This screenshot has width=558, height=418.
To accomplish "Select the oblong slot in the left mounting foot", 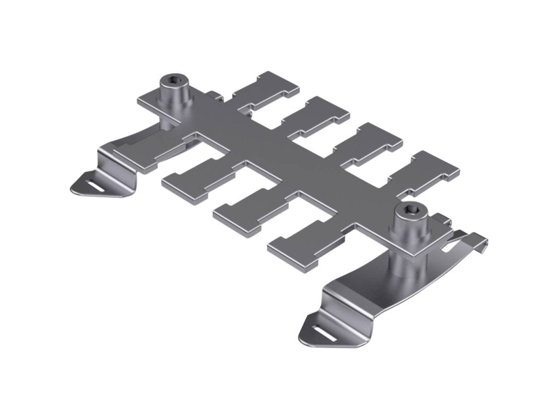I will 93,186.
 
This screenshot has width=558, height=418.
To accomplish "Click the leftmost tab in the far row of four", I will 264,88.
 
